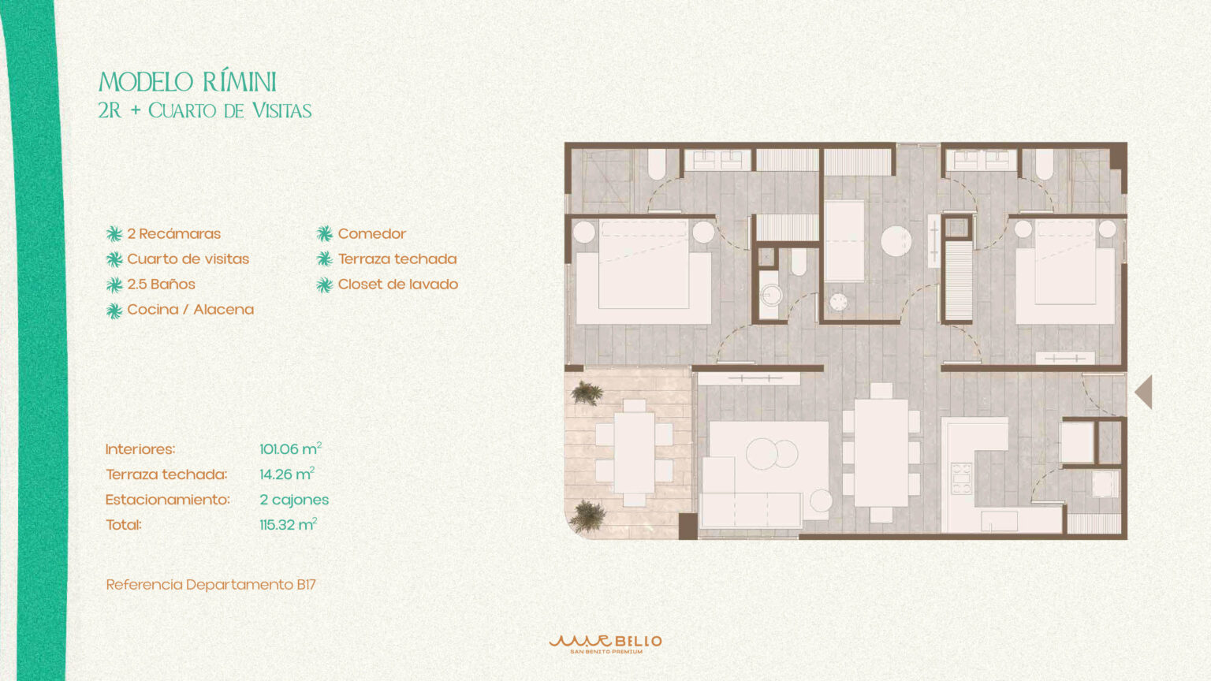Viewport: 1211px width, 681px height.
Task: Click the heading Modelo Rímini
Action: pyautogui.click(x=187, y=82)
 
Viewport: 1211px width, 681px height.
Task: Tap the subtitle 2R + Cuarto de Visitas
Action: pyautogui.click(x=205, y=111)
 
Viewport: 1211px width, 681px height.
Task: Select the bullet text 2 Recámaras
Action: pyautogui.click(x=174, y=234)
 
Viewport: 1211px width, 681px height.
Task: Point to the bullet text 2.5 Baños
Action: pyautogui.click(x=161, y=285)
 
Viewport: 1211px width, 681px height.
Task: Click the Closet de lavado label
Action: pyautogui.click(x=398, y=285)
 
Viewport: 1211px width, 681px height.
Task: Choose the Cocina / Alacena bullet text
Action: pyautogui.click(x=190, y=310)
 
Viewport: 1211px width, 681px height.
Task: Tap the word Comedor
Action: pyautogui.click(x=372, y=234)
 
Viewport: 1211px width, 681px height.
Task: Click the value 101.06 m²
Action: pyautogui.click(x=291, y=448)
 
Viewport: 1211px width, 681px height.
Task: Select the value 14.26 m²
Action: pyautogui.click(x=287, y=474)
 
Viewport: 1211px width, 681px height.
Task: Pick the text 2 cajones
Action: pyautogui.click(x=294, y=500)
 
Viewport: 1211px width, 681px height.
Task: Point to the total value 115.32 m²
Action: pyautogui.click(x=288, y=524)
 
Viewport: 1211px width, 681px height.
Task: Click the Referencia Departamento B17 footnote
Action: pyautogui.click(x=211, y=585)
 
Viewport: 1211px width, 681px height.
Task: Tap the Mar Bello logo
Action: pyautogui.click(x=605, y=644)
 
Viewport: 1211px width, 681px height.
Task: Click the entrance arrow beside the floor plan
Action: pyautogui.click(x=1143, y=392)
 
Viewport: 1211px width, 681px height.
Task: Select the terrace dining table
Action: pyautogui.click(x=634, y=453)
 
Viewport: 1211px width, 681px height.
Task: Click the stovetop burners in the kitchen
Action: pyautogui.click(x=962, y=478)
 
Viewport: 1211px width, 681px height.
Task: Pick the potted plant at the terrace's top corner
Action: pyautogui.click(x=587, y=393)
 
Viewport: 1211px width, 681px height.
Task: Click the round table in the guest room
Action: pyautogui.click(x=896, y=241)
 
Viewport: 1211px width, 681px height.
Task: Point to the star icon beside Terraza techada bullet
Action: pyautogui.click(x=324, y=259)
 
